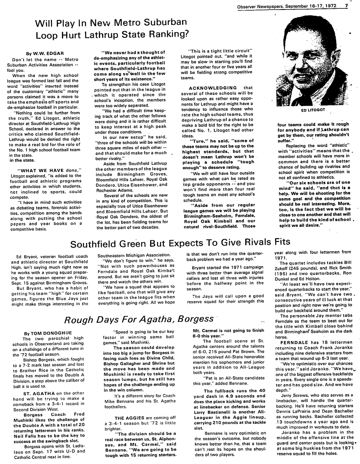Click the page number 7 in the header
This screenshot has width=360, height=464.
pyautogui.click(x=346, y=6)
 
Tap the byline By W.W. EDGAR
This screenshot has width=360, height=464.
pyautogui.click(x=45, y=53)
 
